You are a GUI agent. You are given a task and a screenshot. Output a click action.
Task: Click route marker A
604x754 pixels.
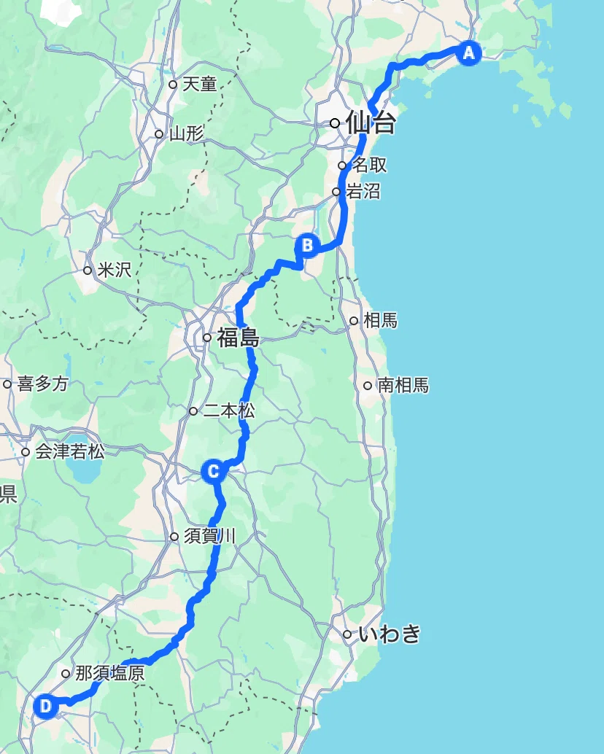468,53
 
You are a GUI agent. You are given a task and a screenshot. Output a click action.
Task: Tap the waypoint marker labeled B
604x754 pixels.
308,245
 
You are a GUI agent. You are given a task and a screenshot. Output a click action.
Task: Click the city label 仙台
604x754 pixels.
371,123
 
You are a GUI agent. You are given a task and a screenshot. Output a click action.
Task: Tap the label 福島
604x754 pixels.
238,338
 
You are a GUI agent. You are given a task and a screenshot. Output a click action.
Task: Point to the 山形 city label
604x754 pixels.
186,133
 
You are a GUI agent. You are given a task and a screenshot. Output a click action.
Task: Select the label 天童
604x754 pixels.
199,84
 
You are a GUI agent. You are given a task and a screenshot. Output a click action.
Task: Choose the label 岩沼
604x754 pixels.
363,192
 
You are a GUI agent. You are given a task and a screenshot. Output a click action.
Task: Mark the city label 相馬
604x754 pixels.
379,319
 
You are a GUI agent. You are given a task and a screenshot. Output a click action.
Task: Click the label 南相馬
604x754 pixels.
402,385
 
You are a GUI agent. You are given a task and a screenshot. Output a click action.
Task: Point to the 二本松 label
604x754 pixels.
228,411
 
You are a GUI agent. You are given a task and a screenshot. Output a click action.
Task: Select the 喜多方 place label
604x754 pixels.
42,384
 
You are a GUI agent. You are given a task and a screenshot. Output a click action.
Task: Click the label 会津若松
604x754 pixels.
69,451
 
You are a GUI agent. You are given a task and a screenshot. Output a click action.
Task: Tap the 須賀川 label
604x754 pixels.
209,537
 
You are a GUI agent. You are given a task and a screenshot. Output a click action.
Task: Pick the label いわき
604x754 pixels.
390,634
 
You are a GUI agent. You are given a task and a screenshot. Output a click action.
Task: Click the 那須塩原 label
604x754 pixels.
109,673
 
